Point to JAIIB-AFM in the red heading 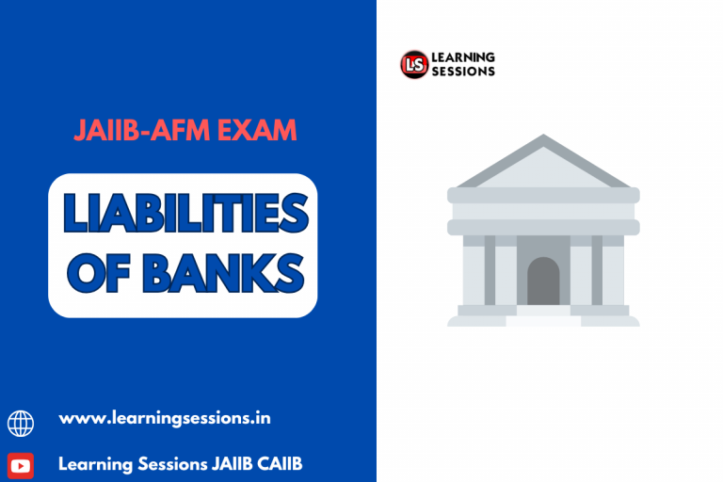tap(142, 131)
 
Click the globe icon tap(21, 423)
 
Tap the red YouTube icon tap(21, 465)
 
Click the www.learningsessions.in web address tap(164, 418)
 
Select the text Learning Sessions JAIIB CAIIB tap(179, 463)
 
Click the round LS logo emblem tap(413, 64)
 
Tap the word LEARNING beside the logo tap(463, 58)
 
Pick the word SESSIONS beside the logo tap(463, 72)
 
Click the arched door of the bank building tap(543, 281)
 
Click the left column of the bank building tap(490, 270)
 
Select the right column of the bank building tap(597, 270)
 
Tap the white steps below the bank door tap(543, 317)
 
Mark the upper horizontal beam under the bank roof tap(543, 195)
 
